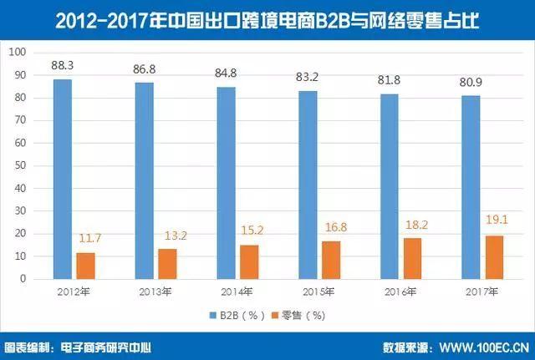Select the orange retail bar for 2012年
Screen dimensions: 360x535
(85, 266)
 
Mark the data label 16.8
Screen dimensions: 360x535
(332, 226)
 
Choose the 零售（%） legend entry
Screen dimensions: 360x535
(293, 316)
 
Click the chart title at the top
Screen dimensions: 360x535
(267, 18)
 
